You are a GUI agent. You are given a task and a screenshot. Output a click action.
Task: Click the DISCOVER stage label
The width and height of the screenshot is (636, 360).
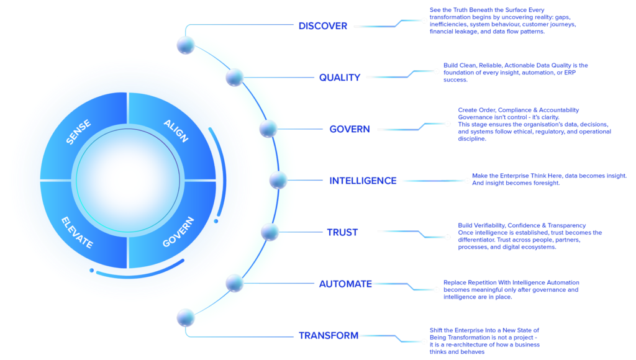323,26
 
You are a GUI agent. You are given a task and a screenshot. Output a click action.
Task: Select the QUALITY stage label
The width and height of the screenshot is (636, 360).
340,78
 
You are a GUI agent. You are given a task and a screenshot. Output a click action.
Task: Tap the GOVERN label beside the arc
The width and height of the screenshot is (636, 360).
350,129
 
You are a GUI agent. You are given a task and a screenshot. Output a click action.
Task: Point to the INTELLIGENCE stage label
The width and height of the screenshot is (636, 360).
363,181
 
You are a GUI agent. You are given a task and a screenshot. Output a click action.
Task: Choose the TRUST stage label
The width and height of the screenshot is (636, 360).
343,232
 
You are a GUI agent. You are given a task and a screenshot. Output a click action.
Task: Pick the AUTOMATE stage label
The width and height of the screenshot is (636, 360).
345,284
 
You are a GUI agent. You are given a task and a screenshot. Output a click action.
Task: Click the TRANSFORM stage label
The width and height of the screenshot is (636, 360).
329,336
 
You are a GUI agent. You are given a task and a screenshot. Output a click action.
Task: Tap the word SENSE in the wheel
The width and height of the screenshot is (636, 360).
79,132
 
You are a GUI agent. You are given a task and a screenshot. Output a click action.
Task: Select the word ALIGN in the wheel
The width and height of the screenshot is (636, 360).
175,130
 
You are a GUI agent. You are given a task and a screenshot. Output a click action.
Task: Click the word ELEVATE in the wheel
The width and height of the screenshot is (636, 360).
77,232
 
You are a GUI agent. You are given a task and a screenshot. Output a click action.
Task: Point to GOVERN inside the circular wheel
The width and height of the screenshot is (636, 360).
178,232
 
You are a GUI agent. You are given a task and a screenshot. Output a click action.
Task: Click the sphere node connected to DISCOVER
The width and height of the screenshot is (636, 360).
186,45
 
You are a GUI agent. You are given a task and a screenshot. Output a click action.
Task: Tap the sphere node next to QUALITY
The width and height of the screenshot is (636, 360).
234,78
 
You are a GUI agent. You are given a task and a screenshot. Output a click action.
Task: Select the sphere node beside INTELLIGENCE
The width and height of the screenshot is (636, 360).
278,180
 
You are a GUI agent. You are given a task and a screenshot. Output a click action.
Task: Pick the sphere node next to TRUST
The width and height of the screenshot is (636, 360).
270,232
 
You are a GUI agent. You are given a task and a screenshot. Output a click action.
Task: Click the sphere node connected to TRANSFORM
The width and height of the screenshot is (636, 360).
186,318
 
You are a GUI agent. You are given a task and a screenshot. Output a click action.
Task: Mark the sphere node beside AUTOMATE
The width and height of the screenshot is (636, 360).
234,284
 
